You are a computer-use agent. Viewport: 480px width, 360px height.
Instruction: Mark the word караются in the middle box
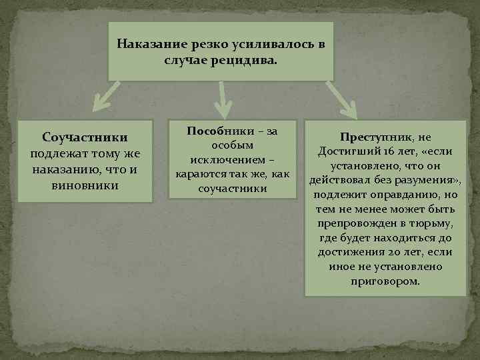(x=196, y=175)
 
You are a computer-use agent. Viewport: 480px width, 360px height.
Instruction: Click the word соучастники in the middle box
(x=232, y=189)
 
